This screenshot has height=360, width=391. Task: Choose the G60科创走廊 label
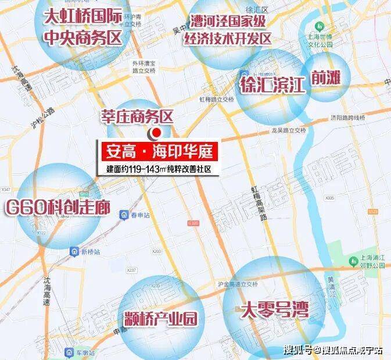[x=57, y=207]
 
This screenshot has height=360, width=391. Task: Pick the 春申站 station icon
[x=125, y=216]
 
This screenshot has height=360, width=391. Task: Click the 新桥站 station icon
[x=75, y=252]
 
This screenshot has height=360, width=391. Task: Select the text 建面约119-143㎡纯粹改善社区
[x=157, y=169]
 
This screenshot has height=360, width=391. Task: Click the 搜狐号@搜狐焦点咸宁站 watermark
[x=333, y=350]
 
